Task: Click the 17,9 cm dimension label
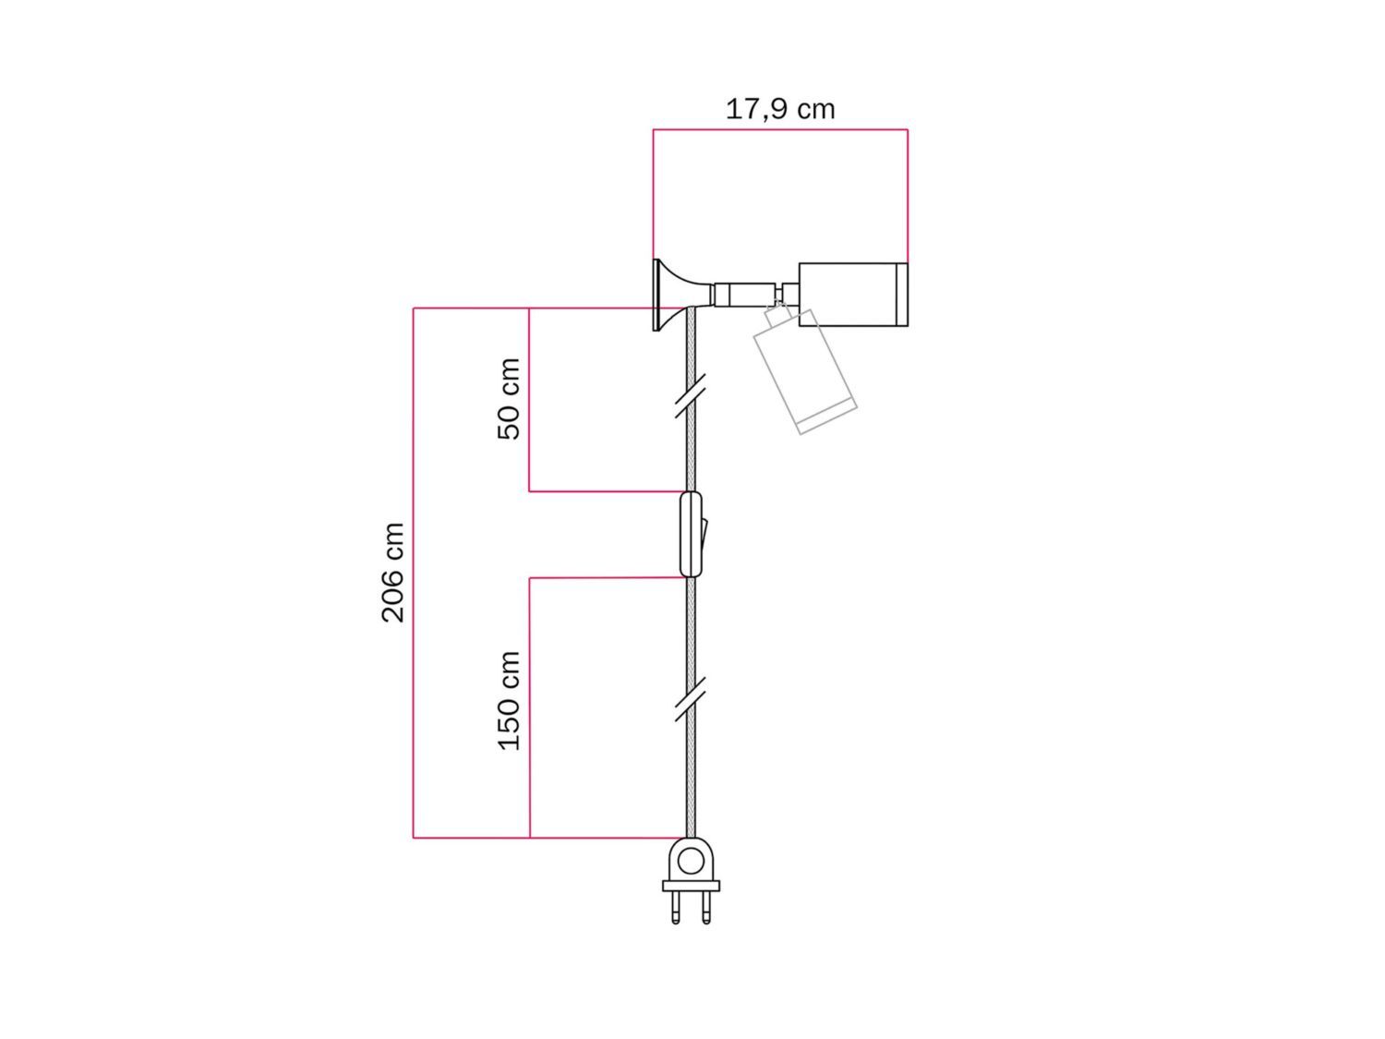coord(780,109)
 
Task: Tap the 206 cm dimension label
coord(393,573)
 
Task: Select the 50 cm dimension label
coord(510,399)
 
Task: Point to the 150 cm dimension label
coord(510,701)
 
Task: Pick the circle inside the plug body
coord(690,862)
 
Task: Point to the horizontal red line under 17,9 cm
coord(780,130)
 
